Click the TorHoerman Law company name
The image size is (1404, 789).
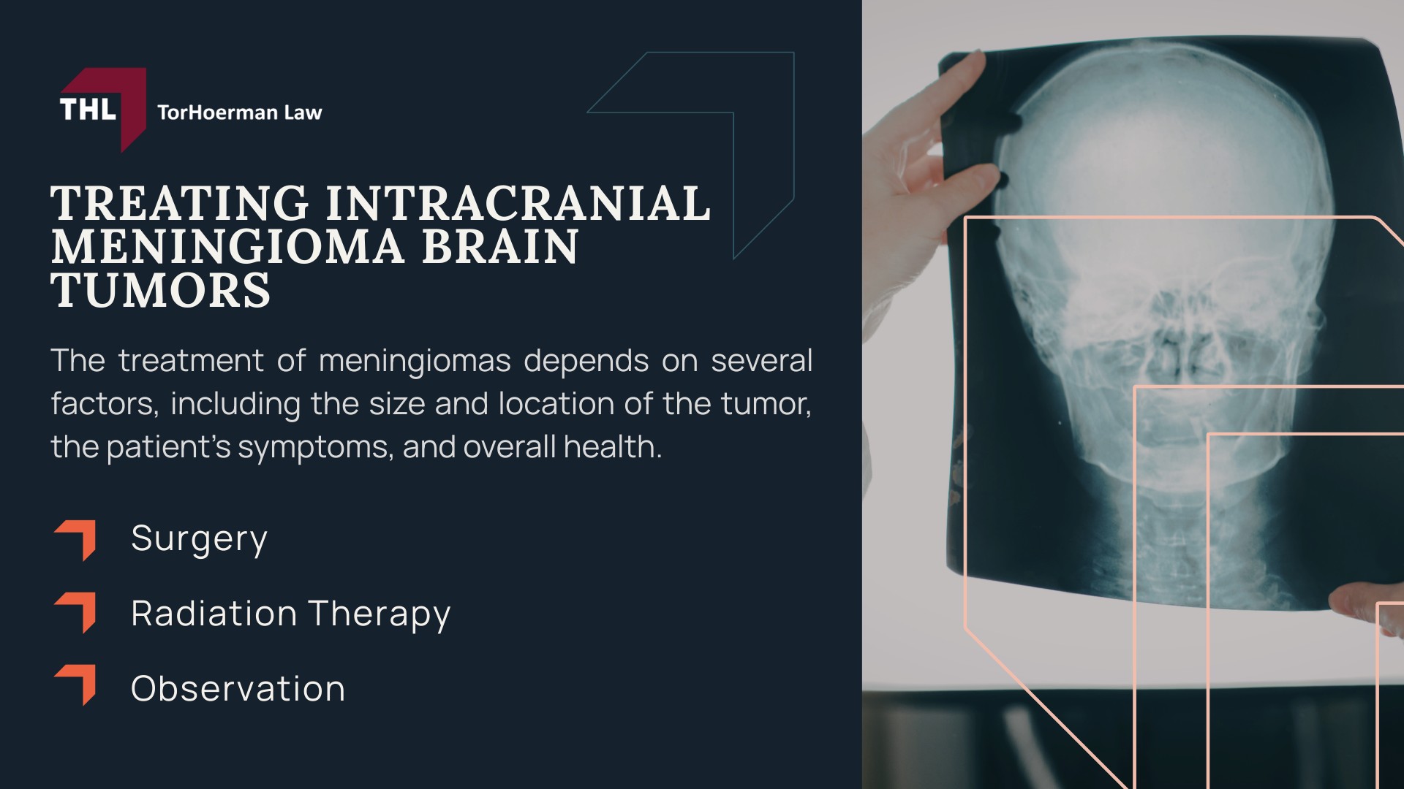pos(240,113)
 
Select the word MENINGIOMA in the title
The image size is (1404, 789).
pos(227,246)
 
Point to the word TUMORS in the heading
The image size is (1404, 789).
pos(161,289)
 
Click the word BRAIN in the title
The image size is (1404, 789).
pos(500,246)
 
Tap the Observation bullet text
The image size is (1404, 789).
pos(238,688)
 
